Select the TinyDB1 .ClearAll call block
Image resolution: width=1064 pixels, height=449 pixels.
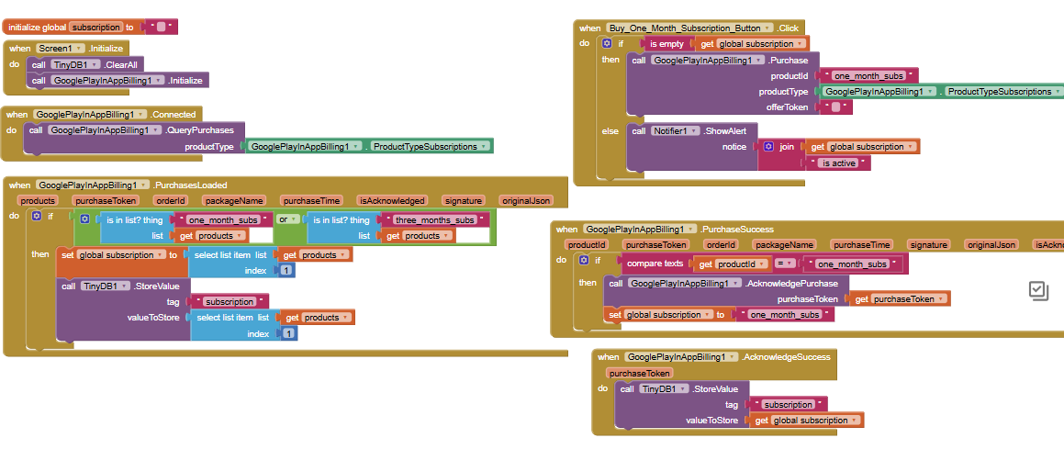pyautogui.click(x=85, y=64)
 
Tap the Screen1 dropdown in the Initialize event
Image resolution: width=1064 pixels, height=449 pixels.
pyautogui.click(x=60, y=48)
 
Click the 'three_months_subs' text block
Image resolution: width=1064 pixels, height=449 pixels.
pyautogui.click(x=435, y=219)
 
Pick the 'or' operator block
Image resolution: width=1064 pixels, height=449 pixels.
pyautogui.click(x=289, y=219)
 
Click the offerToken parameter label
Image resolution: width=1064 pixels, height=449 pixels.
pyautogui.click(x=788, y=107)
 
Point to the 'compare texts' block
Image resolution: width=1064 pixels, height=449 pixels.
pyautogui.click(x=655, y=264)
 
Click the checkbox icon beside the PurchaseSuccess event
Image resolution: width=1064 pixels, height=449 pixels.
pyautogui.click(x=1039, y=291)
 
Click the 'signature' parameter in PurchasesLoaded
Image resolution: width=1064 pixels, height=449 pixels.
pyautogui.click(x=464, y=201)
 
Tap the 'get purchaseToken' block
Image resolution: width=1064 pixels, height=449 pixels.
pyautogui.click(x=899, y=299)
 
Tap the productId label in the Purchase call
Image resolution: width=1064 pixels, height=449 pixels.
pyautogui.click(x=790, y=76)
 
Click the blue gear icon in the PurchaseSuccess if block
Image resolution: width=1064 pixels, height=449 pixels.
pyautogui.click(x=584, y=261)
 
